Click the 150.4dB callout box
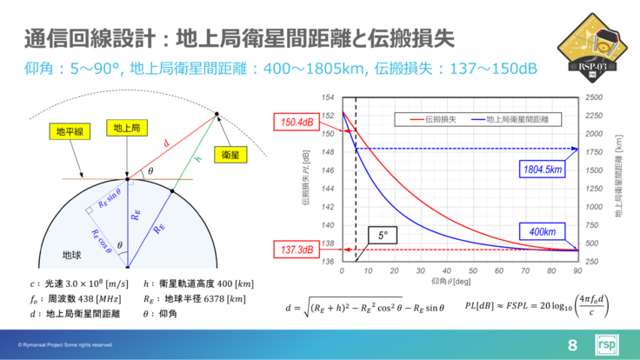pos(296,123)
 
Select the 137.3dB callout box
pos(296,250)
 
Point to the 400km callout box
pos(542,230)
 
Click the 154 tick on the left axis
pos(328,97)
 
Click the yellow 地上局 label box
pos(130,128)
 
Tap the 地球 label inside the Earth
pos(72,255)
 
